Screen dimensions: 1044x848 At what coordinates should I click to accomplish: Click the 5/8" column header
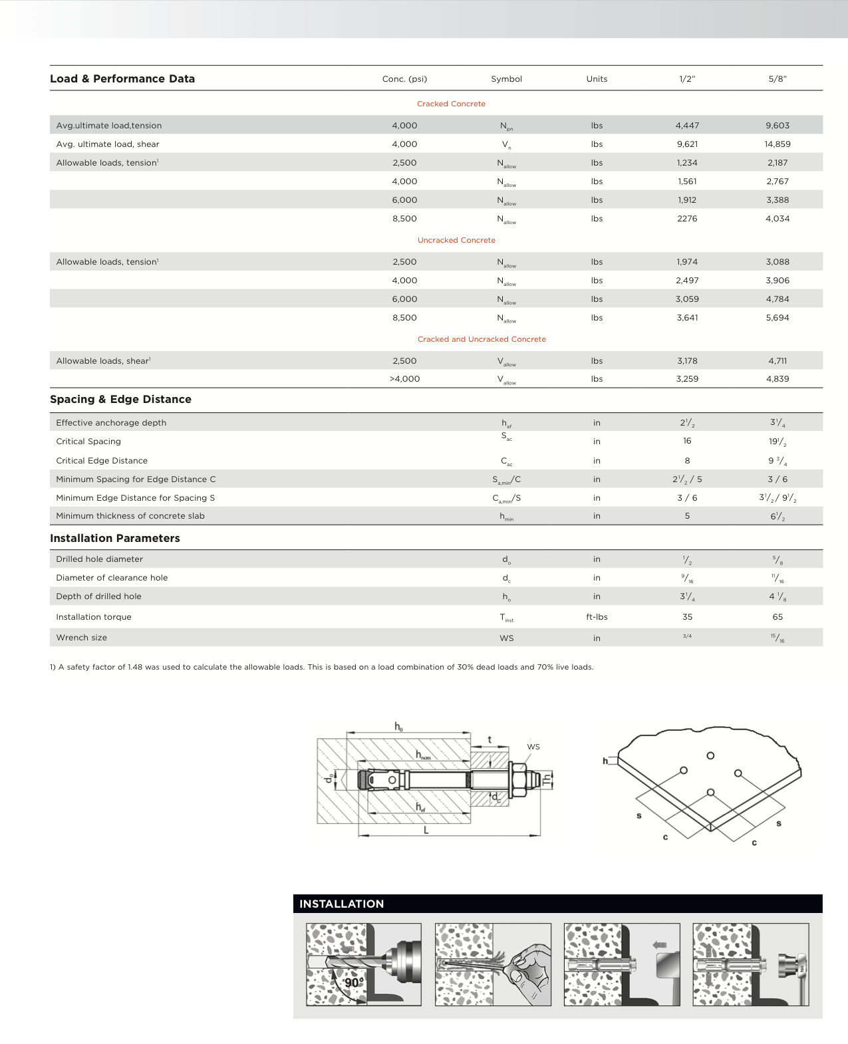tap(777, 78)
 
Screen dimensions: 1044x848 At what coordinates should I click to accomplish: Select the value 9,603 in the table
tap(777, 125)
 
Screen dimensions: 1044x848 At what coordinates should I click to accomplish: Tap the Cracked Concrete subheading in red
tap(451, 104)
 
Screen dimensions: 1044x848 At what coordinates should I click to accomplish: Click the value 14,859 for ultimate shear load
tap(777, 144)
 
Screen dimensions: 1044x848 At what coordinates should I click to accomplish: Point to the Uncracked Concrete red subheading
tap(456, 240)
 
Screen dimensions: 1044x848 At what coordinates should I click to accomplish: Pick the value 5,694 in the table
tap(777, 318)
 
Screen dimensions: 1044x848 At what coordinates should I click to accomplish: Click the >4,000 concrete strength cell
tap(404, 379)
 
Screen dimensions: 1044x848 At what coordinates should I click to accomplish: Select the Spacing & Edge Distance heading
tap(120, 399)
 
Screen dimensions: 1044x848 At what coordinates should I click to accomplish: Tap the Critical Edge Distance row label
tap(102, 460)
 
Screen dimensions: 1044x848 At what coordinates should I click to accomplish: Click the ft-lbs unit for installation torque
tap(597, 617)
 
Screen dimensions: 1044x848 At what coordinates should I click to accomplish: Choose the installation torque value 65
tap(777, 617)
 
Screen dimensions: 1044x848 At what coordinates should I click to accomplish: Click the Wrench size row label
tap(81, 638)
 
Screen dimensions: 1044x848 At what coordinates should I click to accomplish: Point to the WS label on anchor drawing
tap(533, 747)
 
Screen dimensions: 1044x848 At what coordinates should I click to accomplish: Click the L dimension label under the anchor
tap(426, 830)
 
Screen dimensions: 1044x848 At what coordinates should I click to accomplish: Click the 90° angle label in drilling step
tap(353, 982)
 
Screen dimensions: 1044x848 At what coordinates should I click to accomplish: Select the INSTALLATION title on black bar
tap(341, 904)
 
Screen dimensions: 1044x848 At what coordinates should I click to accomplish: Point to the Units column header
tap(597, 78)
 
